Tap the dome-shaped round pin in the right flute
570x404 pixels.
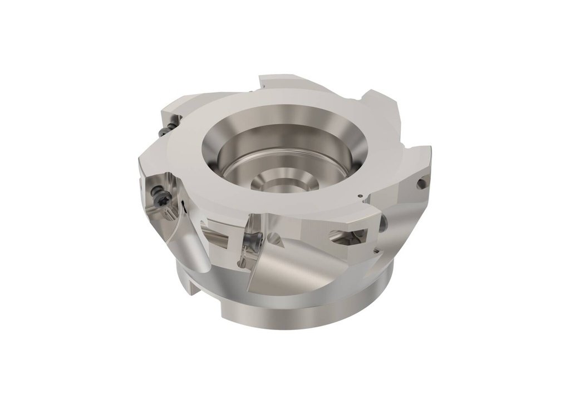coord(383,225)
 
